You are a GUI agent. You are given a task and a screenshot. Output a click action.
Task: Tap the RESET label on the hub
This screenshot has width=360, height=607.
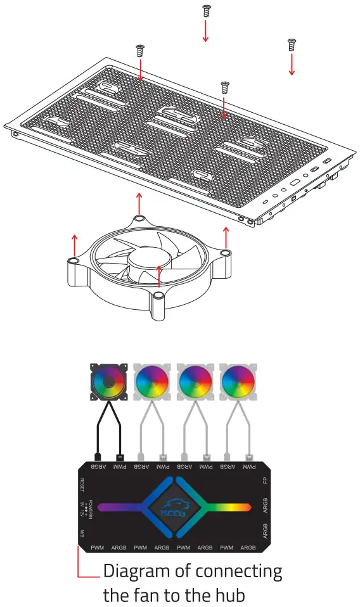82,485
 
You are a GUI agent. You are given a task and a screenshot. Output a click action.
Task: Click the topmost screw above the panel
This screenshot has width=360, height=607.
205,11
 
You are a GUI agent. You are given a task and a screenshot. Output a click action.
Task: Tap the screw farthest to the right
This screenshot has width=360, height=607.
292,44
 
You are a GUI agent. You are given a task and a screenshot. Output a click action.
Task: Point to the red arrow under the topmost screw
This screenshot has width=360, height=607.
205,30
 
